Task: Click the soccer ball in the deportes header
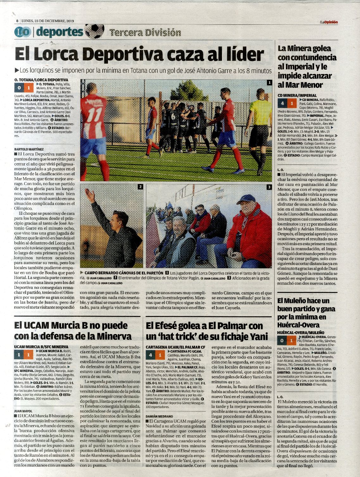[95, 31]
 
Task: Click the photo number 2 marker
[140, 187]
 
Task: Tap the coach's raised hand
[91, 195]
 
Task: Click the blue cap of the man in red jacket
[246, 199]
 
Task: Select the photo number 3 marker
[269, 187]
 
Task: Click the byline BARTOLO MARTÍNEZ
[29, 149]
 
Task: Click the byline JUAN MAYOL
[23, 411]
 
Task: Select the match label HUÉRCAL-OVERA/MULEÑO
[300, 333]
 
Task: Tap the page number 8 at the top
[17, 21]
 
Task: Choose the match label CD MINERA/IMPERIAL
[297, 95]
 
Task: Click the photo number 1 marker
[269, 83]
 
